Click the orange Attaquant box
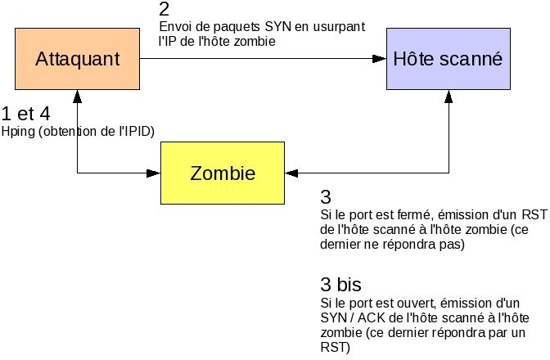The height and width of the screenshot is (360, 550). coord(78,58)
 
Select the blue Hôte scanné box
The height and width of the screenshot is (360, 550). coord(448,58)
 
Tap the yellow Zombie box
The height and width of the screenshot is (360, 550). coord(223,173)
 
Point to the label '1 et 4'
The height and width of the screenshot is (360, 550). coord(26,113)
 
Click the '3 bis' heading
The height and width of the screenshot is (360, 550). coord(340,285)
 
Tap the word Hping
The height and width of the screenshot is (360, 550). coord(17,131)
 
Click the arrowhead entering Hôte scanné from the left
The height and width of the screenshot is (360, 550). coord(381,58)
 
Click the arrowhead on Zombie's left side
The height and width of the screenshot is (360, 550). coord(154,173)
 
